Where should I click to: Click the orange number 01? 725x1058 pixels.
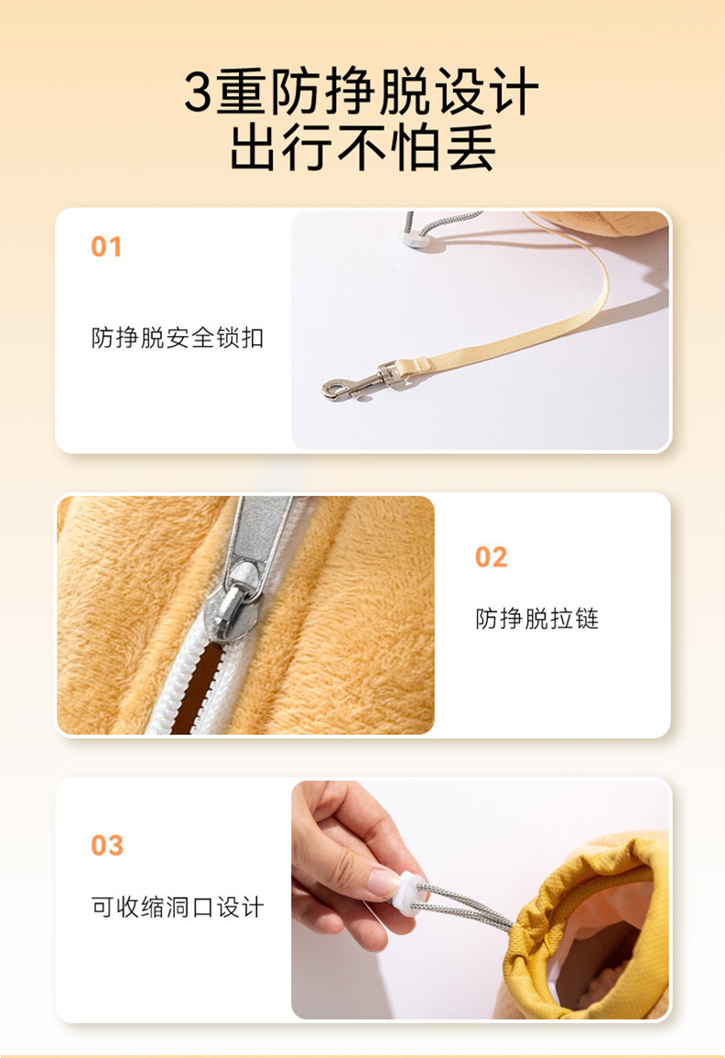(x=106, y=247)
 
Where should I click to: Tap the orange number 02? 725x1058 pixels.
(x=491, y=557)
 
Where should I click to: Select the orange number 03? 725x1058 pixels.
(x=107, y=846)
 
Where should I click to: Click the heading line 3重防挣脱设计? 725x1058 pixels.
(x=362, y=92)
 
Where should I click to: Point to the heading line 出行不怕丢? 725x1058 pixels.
(x=362, y=147)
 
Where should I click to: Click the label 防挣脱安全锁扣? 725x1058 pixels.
(x=177, y=338)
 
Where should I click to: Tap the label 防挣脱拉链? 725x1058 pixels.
(x=536, y=618)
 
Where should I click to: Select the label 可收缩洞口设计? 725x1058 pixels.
(x=177, y=907)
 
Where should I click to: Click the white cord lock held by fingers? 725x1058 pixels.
(x=411, y=893)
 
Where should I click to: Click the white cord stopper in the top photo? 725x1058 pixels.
(x=412, y=240)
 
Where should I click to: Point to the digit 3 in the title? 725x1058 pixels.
(x=200, y=92)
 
